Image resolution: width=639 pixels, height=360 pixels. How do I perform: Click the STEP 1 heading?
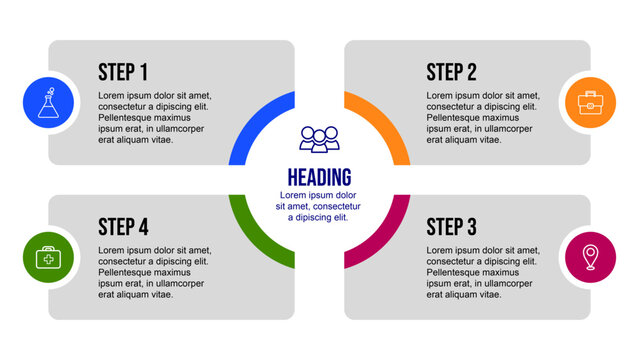pyautogui.click(x=123, y=72)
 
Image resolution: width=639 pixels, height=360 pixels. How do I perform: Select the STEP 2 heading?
pyautogui.click(x=451, y=72)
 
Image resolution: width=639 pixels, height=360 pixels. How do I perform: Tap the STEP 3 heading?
pyautogui.click(x=451, y=225)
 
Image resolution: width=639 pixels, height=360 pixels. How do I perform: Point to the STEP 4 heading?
pyautogui.click(x=123, y=225)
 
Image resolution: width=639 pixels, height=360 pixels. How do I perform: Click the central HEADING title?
pyautogui.click(x=319, y=177)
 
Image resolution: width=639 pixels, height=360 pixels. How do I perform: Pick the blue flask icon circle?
pyautogui.click(x=49, y=103)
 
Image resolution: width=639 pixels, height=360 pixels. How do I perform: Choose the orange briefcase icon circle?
pyautogui.click(x=590, y=103)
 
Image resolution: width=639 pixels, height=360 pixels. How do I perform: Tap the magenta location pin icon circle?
pyautogui.click(x=590, y=257)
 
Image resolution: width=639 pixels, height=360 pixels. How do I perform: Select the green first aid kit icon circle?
pyautogui.click(x=49, y=257)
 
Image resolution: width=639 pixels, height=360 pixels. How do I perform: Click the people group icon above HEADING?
pyautogui.click(x=319, y=139)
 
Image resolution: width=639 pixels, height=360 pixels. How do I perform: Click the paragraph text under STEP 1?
pyautogui.click(x=154, y=118)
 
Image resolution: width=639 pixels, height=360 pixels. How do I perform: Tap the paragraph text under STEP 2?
pyautogui.click(x=482, y=118)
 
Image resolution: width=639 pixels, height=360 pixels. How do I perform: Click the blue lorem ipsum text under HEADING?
pyautogui.click(x=319, y=206)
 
